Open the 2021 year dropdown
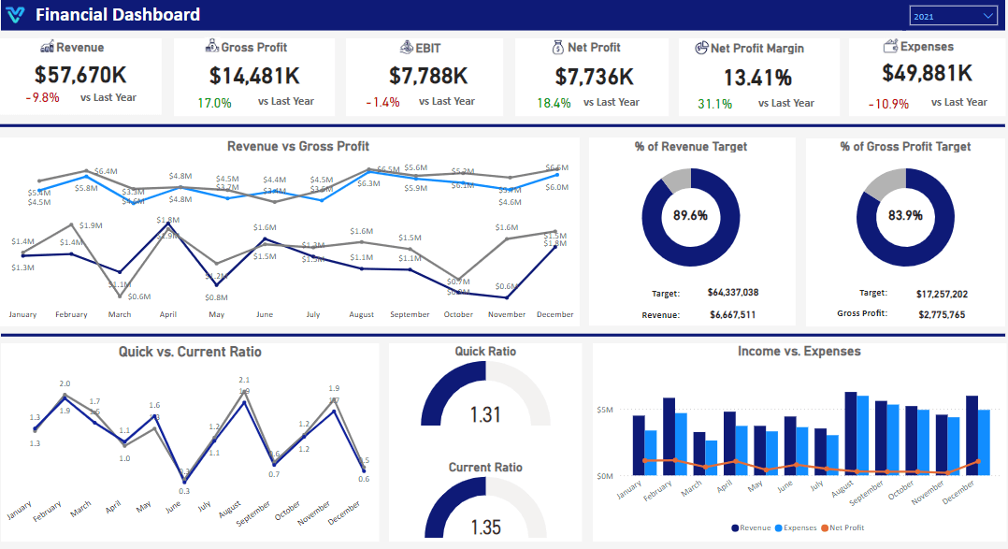click(x=953, y=16)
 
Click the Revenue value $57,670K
click(x=80, y=74)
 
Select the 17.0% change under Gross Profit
click(x=214, y=103)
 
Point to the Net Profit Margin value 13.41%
click(x=757, y=78)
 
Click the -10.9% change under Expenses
click(x=888, y=104)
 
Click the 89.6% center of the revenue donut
click(x=690, y=215)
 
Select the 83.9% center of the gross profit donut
click(x=905, y=215)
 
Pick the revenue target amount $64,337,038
click(x=732, y=294)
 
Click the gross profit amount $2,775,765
click(x=941, y=314)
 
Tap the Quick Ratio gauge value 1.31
click(x=485, y=414)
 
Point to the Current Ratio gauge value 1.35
click(x=485, y=527)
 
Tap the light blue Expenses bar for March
click(x=712, y=457)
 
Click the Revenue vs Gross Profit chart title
click(x=297, y=146)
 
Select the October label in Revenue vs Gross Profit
click(x=458, y=315)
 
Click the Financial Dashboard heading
click(x=118, y=15)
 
